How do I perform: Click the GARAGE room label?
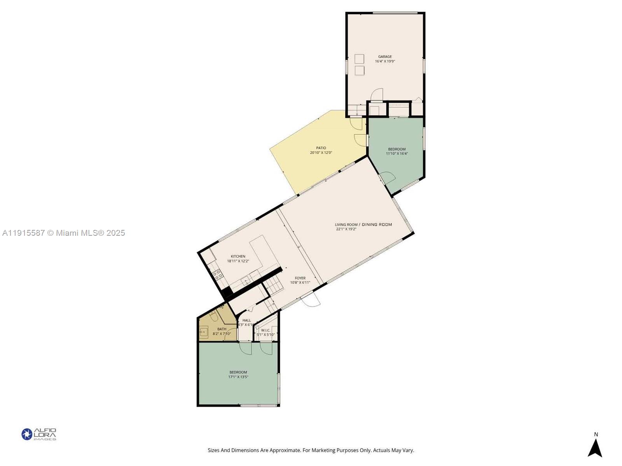(x=385, y=57)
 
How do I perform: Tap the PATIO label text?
(x=321, y=148)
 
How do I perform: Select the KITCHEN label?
(x=238, y=256)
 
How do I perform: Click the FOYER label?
(x=300, y=278)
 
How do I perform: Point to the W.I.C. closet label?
(x=266, y=330)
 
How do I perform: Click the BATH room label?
(x=222, y=329)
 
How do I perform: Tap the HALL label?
(x=246, y=320)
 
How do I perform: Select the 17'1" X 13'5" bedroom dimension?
(x=238, y=377)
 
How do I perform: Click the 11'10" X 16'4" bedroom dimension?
(x=397, y=154)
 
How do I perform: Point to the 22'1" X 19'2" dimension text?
(x=346, y=229)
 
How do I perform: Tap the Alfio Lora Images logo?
(x=39, y=434)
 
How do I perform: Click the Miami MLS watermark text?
(x=63, y=233)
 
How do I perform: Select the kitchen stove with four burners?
(x=218, y=275)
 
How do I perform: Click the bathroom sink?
(x=203, y=332)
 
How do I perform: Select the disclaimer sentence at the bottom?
(x=311, y=450)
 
